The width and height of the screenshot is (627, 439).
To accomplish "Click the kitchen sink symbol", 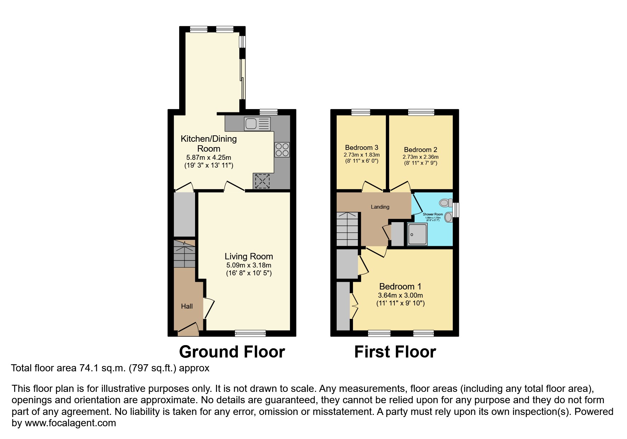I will pos(257,124).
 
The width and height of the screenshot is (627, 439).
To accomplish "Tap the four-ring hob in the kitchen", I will pos(282,150).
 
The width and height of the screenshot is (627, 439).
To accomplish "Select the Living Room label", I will pos(249,256).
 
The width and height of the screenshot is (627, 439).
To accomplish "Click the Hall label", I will pos(187,306).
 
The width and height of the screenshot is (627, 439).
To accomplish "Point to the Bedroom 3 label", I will pos(361,147).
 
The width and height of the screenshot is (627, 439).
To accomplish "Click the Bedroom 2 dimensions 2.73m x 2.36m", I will pos(420,157).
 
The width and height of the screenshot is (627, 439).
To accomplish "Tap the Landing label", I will pos(380,207).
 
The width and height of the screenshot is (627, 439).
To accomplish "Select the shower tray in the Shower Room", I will pos(417,234).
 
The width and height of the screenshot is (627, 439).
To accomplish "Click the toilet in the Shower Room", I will pos(445,203).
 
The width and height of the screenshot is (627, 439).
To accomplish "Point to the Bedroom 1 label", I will pos(400,286).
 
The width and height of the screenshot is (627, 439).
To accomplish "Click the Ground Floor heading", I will pos(232,352).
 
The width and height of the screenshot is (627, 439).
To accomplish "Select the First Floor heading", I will pos(395,352).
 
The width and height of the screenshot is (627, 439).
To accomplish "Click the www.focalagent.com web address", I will pos(70,423).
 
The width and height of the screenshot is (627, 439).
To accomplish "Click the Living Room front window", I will pos(250,333).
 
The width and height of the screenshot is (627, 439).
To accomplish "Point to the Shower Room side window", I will pos(456,209).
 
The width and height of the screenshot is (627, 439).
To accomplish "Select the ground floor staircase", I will pos(184,254).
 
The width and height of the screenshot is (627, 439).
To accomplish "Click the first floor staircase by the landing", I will pos(347,229).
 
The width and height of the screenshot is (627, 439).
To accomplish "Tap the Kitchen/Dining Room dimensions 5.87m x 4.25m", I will pos(209,158).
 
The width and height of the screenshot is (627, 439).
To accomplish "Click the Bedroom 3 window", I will pos(361,112).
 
